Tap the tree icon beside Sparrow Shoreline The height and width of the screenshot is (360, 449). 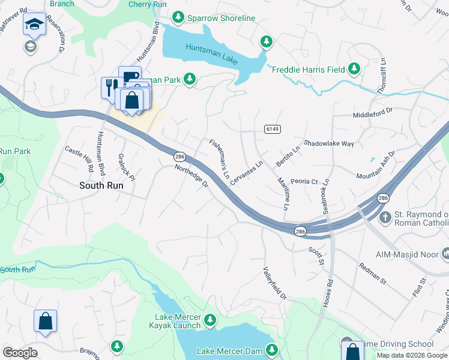tap(178, 18)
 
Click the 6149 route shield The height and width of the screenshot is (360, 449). tap(271, 129)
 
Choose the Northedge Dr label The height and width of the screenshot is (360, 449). tap(191, 176)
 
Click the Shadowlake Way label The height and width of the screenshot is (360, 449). tap(329, 143)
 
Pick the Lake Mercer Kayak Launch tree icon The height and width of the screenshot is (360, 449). tap(210, 319)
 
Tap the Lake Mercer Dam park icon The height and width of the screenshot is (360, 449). tap(272, 350)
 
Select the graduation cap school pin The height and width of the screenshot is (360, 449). tap(34, 25)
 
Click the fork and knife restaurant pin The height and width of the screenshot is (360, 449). tap(110, 87)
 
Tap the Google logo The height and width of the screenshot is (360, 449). tap(20, 353)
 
